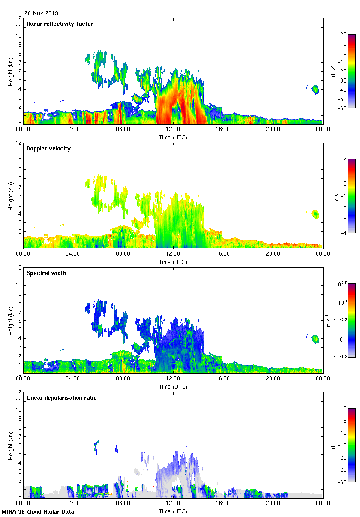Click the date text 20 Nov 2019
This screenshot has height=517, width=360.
(x=42, y=13)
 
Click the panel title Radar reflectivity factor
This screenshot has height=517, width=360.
(x=60, y=24)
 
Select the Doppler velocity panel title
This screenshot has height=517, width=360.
(x=48, y=149)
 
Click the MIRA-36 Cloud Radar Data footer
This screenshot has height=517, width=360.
(x=34, y=512)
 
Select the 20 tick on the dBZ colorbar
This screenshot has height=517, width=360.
(x=343, y=35)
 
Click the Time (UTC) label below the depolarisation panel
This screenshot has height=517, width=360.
(x=173, y=511)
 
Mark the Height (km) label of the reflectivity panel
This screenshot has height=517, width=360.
(x=11, y=72)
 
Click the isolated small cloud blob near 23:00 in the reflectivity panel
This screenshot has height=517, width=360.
(x=316, y=90)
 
